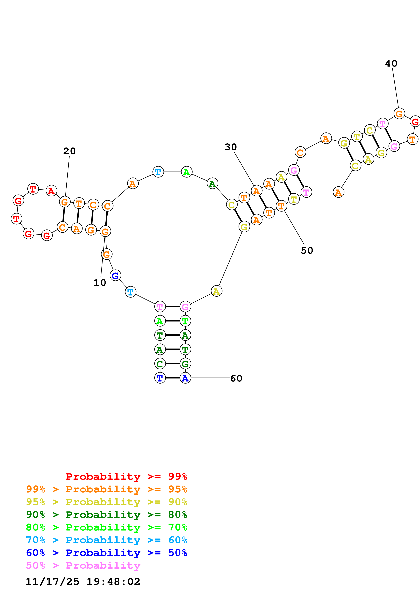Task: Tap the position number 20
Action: coord(69,151)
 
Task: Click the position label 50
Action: coord(307,250)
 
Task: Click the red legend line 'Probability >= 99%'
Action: coord(126,476)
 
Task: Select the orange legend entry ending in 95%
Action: coord(106,489)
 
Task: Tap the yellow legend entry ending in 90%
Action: coord(106,502)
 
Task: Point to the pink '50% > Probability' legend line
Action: coord(83,565)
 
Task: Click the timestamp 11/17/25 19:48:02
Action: coord(83,581)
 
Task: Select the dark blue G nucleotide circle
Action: coord(115,275)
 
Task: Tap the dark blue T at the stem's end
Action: coord(160,378)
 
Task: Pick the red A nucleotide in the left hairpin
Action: coord(51,191)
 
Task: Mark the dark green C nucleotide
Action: coord(160,364)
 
